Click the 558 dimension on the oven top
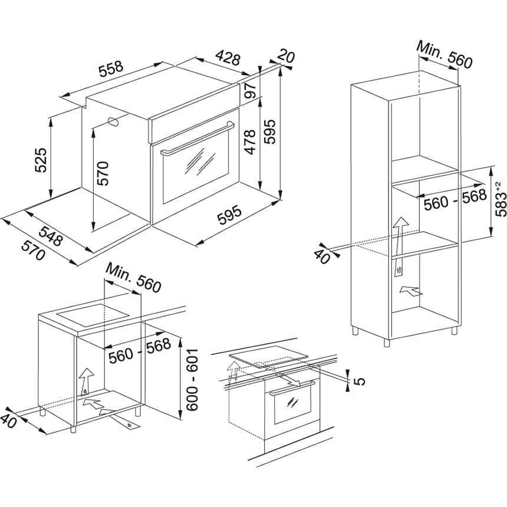pos(111,70)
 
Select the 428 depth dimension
pos(228,58)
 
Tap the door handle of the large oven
pos(197,137)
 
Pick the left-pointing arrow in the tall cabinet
pos(410,290)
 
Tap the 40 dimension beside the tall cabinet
pos(322,256)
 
